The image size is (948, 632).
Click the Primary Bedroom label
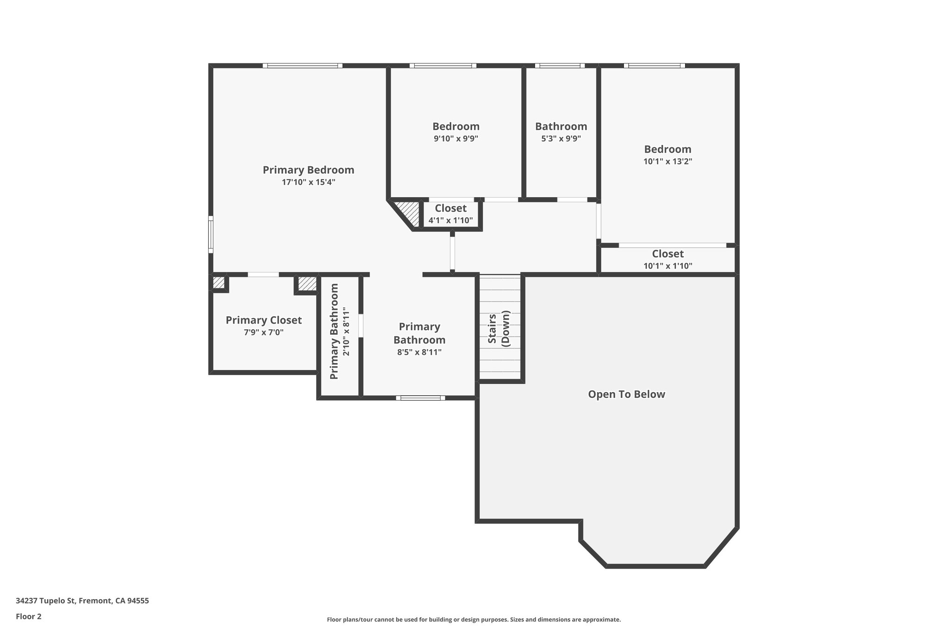pos(308,170)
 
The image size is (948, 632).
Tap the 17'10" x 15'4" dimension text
pos(308,182)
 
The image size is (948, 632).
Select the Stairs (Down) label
pos(499,329)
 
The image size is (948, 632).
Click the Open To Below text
pos(626,394)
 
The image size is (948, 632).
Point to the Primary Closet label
pos(263,320)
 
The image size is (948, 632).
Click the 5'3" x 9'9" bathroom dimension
pos(561,138)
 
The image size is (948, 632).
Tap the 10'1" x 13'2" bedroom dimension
pos(667,162)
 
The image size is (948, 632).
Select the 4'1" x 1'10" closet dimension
pos(450,220)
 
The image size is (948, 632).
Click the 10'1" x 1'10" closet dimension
pos(667,266)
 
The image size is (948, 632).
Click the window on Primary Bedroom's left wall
pos(211,234)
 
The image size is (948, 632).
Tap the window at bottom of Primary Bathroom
pos(420,398)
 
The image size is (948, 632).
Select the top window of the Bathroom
pos(560,66)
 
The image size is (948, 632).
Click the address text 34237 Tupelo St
pos(82,601)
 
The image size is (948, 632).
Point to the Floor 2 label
pos(29,616)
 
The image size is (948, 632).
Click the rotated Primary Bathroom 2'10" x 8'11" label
pos(340,332)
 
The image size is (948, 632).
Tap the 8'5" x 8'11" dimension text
pos(419,352)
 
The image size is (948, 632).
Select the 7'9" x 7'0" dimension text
pos(263,332)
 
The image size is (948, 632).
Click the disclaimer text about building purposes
pos(474,619)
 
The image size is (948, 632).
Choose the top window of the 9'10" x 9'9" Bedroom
pos(443,66)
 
